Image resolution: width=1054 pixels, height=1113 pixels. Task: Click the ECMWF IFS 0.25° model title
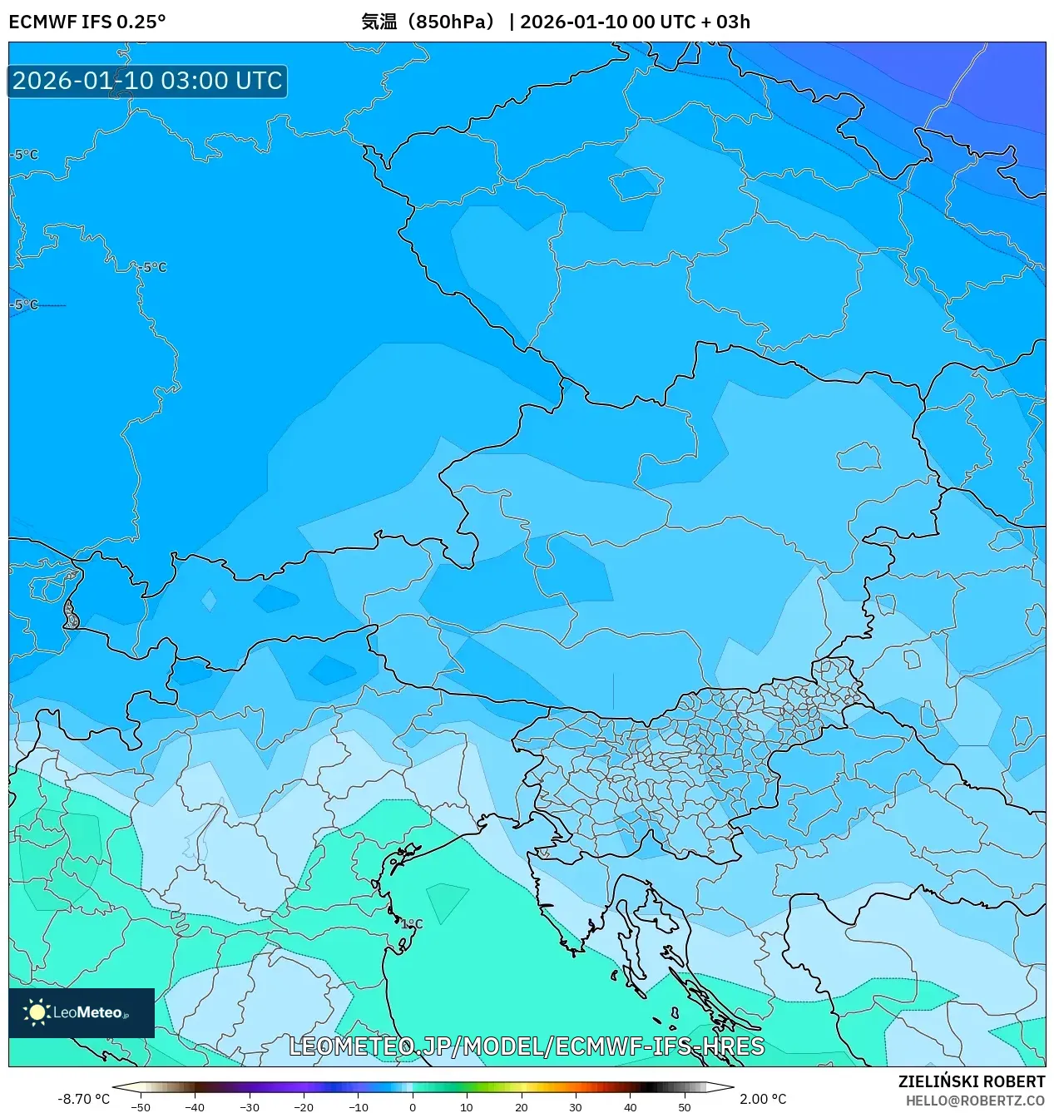pos(87,22)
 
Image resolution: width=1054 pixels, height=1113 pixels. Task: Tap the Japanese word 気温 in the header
pos(379,22)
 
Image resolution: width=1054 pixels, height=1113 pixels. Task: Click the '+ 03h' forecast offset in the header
pos(725,22)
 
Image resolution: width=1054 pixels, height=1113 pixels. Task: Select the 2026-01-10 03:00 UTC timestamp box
pos(147,81)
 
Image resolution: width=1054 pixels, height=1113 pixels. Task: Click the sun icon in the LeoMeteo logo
pos(37,1012)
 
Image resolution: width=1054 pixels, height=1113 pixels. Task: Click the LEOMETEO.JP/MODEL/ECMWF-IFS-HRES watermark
pos(527,1046)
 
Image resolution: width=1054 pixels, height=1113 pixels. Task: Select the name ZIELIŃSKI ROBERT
pos(971,1081)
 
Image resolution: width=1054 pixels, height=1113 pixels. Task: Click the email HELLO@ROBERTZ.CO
pos(975,1101)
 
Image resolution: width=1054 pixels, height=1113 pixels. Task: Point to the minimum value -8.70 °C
pos(83,1099)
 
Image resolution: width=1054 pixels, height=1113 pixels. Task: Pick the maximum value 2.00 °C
pos(763,1099)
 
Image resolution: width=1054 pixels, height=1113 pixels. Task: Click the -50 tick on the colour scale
pos(141,1107)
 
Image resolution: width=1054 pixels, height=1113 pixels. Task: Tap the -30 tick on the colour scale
pos(250,1107)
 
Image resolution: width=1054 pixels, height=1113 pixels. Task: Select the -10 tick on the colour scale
pos(358,1107)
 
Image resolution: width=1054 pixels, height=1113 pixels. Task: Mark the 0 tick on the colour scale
pos(413,1107)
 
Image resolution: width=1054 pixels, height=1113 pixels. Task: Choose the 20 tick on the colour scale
pos(521,1107)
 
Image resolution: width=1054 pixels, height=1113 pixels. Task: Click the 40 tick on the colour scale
pos(630,1107)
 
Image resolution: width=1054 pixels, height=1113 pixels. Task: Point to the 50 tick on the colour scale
pos(684,1107)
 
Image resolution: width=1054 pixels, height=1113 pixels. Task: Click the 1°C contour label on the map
pos(412,924)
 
